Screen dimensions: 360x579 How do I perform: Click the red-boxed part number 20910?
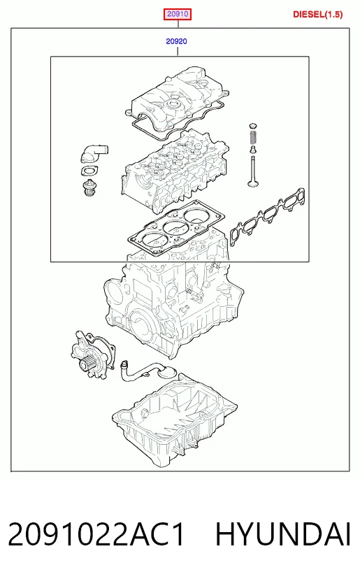178,14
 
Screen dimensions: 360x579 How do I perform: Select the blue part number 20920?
176,41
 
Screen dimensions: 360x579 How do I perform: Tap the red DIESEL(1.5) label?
318,15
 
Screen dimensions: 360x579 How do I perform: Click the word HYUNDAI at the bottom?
283,534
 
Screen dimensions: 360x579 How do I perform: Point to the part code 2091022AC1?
96,534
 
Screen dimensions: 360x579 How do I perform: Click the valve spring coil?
253,138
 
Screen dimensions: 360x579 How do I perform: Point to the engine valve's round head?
253,183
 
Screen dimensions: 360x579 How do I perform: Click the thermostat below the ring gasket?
89,187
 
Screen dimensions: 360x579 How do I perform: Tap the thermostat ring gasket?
89,172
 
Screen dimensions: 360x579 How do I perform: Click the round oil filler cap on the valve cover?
175,106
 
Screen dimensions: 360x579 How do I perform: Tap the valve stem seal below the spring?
253,150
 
